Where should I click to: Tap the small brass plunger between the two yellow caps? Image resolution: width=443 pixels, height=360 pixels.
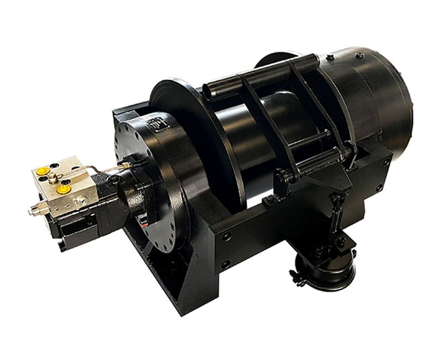(51, 178)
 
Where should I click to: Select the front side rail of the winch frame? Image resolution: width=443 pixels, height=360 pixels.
(249, 233)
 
